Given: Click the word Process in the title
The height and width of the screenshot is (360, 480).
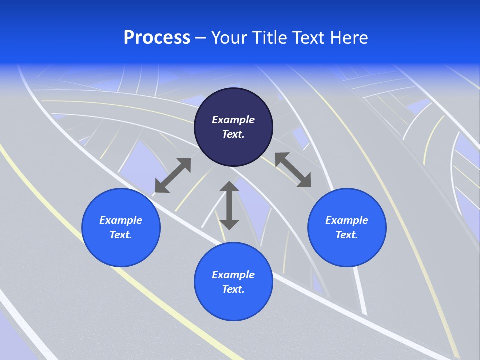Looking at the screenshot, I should coord(157,38).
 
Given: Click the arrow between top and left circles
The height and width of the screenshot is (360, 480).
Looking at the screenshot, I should coord(173,175).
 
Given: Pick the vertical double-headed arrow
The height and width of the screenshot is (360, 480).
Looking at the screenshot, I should coord(229,205).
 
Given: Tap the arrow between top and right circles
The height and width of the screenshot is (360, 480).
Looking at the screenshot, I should coord(293,170).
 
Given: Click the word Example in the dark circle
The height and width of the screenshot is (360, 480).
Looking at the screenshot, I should coord(233,120).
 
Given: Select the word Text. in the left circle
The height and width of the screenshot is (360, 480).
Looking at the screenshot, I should coord(121,235).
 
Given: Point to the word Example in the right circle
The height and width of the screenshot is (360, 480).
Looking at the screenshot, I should coord(347,220).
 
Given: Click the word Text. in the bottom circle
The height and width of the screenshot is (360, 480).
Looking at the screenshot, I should coord(233,289).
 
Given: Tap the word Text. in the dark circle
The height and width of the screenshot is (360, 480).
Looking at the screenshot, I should coord(233,134).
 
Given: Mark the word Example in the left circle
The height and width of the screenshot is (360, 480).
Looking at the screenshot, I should coord(121,220).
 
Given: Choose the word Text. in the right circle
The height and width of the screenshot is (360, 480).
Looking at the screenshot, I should coord(347,235).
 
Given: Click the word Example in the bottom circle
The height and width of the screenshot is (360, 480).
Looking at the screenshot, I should coord(233,275).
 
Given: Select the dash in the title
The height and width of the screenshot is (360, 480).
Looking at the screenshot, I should coord(201,38).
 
